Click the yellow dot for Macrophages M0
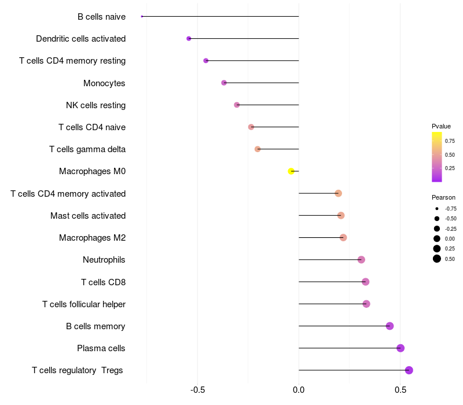(291, 171)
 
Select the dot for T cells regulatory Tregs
(409, 370)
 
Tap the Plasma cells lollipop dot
(400, 348)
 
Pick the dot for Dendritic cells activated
(189, 39)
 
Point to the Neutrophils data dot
(361, 260)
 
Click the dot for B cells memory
(389, 326)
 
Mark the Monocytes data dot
(224, 83)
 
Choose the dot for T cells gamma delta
(258, 149)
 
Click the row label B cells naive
(101, 17)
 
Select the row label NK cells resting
(95, 105)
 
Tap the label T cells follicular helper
(84, 304)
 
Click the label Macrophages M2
(92, 238)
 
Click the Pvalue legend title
(441, 126)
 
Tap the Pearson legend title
(443, 197)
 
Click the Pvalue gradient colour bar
(437, 156)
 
